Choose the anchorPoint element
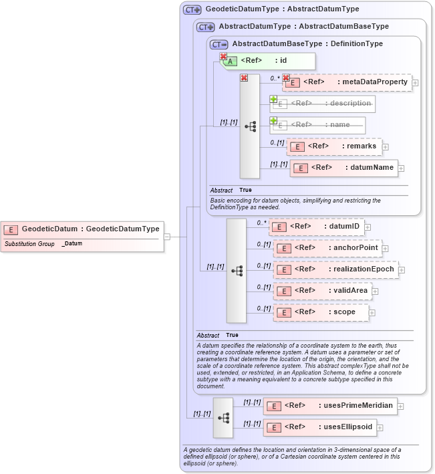coord(327,248)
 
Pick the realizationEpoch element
coord(336,269)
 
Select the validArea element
coord(321,291)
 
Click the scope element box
coord(320,312)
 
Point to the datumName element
coord(343,167)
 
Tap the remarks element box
coord(333,146)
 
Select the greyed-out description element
coord(322,104)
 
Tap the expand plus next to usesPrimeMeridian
coord(401,405)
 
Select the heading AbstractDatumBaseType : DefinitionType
coord(307,43)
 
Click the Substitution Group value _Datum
coord(72,243)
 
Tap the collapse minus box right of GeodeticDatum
coord(167,236)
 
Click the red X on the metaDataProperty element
coord(286,78)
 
